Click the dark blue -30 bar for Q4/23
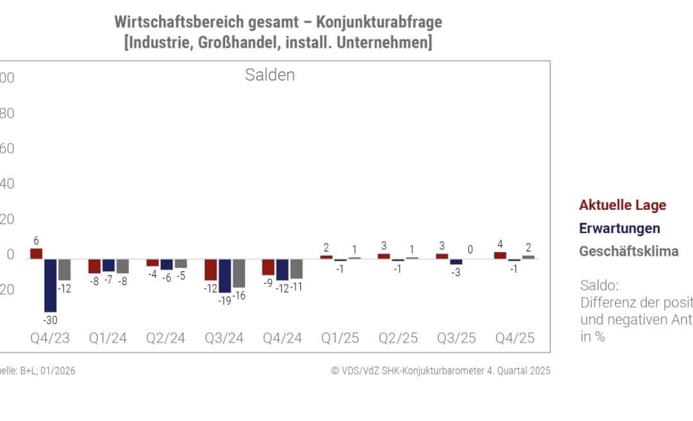click(51, 285)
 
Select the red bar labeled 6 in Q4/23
click(37, 253)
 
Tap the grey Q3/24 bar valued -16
click(239, 273)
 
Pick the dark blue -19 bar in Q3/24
click(225, 275)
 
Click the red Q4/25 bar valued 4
click(500, 255)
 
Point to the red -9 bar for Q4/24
click(268, 266)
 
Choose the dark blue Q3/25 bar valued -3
click(456, 262)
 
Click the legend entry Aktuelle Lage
click(622, 205)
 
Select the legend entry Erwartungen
click(619, 228)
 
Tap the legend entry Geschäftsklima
click(628, 252)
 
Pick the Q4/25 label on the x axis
click(516, 338)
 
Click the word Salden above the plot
click(269, 75)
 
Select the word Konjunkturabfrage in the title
click(380, 22)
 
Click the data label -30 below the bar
click(51, 320)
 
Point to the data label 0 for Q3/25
click(470, 250)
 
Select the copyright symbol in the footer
click(335, 371)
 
